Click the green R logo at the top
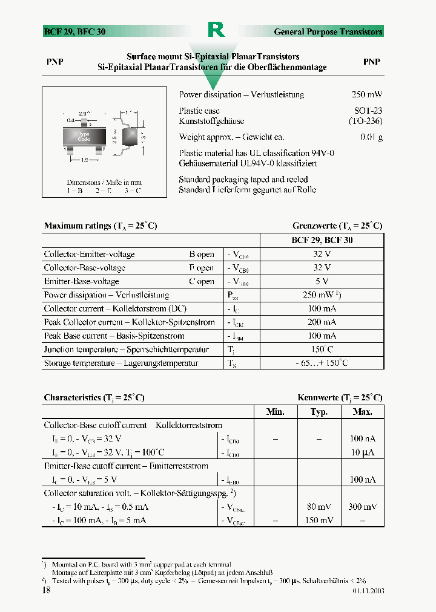tap(216, 29)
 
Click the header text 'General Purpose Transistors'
tap(328, 31)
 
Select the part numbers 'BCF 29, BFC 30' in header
tap(74, 31)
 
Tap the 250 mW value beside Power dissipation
tap(366, 95)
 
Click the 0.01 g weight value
tap(371, 137)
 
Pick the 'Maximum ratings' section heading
tap(100, 226)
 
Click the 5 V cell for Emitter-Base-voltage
tap(322, 281)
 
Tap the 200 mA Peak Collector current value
tap(322, 322)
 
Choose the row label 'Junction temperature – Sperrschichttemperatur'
tap(126, 350)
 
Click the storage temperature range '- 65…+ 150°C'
tap(322, 363)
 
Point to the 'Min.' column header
tap(276, 412)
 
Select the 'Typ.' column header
tap(319, 412)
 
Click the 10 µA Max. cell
tap(363, 452)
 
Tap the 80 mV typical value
tap(319, 507)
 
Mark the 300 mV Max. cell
tap(363, 507)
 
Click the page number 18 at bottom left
tap(46, 590)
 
